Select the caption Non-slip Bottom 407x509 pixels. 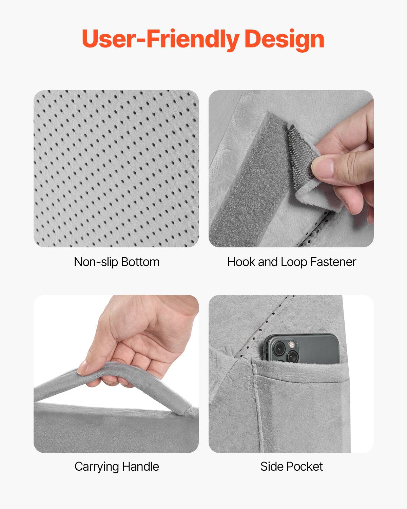pos(116,262)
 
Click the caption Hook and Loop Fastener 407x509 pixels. pos(291,262)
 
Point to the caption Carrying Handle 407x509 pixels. pos(116,467)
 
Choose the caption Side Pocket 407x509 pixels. pos(291,467)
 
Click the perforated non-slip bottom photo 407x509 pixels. pos(116,169)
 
